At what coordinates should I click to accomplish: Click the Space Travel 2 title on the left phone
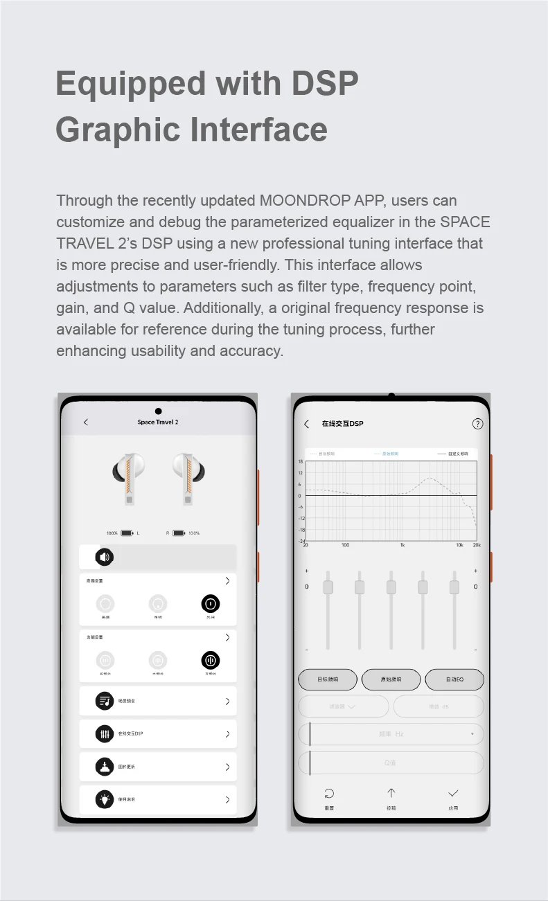click(158, 422)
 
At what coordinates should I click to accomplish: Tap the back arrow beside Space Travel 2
click(86, 422)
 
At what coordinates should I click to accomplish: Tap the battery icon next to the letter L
click(127, 533)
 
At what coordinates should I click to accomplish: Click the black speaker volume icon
click(104, 556)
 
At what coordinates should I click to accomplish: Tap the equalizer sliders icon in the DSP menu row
click(105, 733)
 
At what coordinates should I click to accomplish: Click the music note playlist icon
click(105, 701)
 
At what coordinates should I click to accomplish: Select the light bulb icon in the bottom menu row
click(105, 799)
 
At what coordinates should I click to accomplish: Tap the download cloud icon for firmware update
click(105, 767)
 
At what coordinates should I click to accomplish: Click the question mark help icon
click(477, 424)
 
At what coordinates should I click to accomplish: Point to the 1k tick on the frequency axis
click(402, 545)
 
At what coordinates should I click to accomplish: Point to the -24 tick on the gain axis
click(301, 541)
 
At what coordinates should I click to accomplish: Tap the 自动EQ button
click(454, 679)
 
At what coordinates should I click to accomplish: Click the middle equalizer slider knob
click(391, 587)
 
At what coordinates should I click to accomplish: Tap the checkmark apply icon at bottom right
click(453, 794)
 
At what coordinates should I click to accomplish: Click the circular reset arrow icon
click(329, 794)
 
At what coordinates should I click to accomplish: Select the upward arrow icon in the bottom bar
click(391, 794)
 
